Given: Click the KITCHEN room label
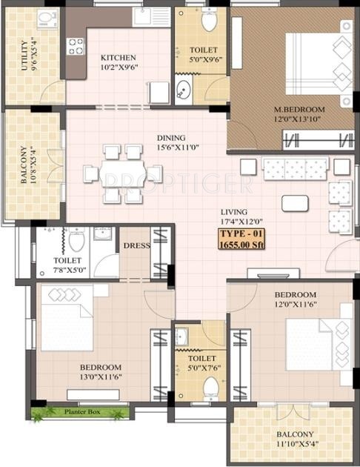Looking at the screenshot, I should point(119,57).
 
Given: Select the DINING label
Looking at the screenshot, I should point(171,138).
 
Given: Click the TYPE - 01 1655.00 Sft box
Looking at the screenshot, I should point(241,239).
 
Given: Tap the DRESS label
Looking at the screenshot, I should point(136,246).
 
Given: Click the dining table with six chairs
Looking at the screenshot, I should point(123,173).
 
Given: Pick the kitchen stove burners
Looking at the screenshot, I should point(76,46).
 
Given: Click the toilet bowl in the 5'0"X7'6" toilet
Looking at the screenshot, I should point(211,386).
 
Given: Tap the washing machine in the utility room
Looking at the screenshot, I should point(48,19).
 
